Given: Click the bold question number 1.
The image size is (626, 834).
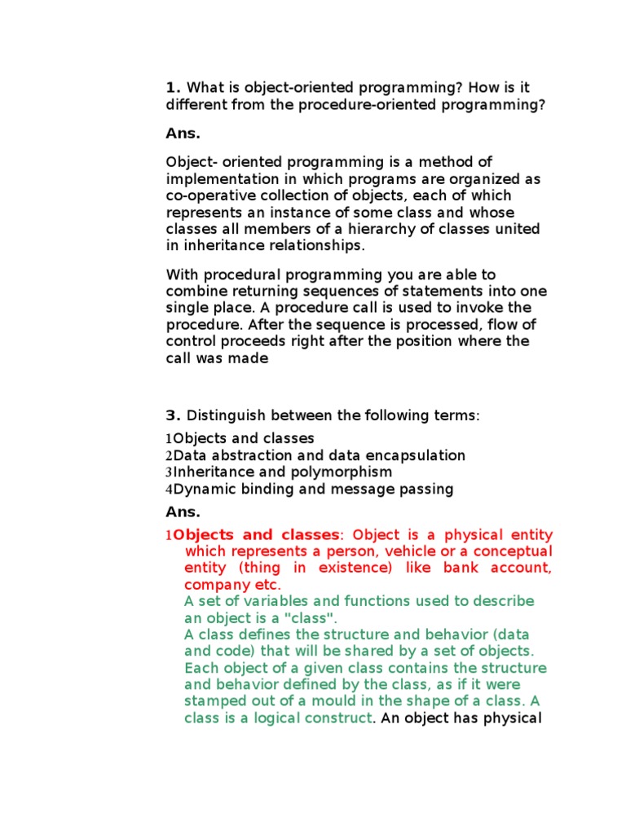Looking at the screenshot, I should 171,87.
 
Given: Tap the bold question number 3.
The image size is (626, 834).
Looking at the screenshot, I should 172,415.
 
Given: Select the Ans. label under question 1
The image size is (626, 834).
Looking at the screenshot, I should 183,134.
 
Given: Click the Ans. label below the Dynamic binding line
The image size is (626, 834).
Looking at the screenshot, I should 183,511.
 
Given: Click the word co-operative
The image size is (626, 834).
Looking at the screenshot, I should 205,195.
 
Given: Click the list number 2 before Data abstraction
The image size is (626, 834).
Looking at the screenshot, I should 169,456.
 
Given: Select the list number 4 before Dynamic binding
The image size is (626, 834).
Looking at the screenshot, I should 169,489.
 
